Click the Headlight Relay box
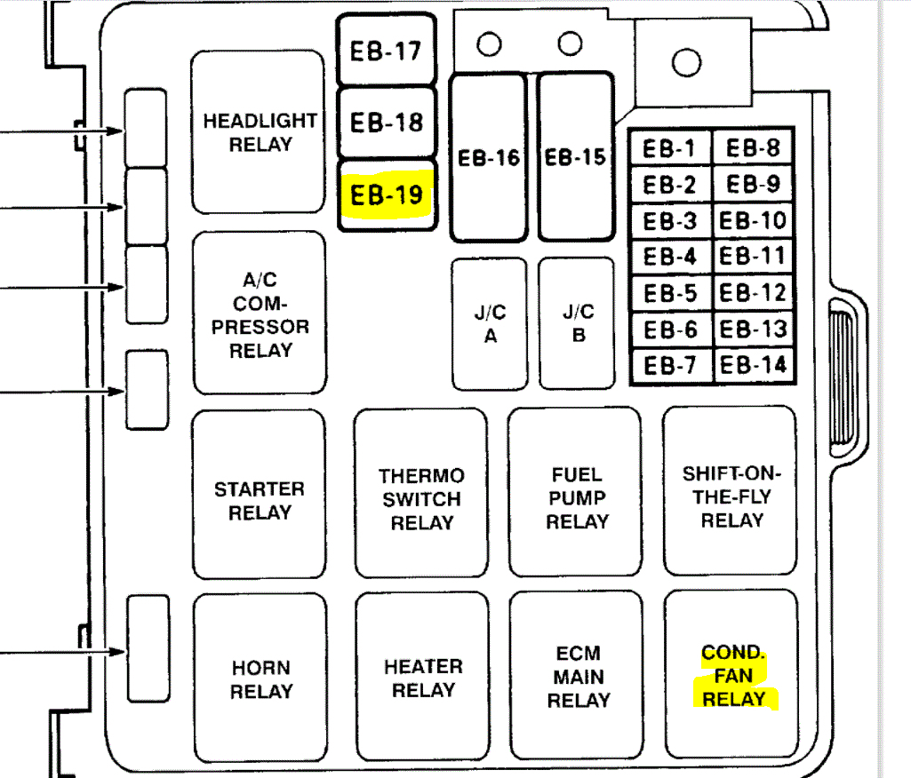coord(258,131)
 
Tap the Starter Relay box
coord(259,500)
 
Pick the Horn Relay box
coord(260,679)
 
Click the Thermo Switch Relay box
coord(421,500)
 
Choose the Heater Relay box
coord(422,678)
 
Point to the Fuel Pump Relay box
coord(576,498)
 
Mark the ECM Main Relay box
coord(578,678)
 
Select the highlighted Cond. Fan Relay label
coord(733,677)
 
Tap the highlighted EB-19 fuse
coord(387,194)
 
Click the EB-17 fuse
coord(387,51)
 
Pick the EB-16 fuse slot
coord(488,158)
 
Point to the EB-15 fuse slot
coord(575,157)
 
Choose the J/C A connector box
coord(489,324)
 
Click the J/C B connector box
coord(577,324)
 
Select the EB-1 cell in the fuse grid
coord(670,149)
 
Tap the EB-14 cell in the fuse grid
coord(753,365)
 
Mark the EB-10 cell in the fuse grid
coord(753,221)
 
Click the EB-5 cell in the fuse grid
coord(670,293)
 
